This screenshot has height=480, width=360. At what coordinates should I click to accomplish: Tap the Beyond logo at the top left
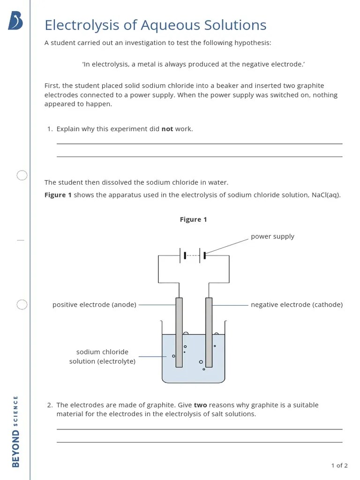(15, 21)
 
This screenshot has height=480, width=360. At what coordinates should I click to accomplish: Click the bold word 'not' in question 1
(167, 129)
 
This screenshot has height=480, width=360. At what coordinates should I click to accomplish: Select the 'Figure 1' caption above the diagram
(193, 219)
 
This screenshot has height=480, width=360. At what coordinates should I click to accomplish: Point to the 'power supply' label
(272, 236)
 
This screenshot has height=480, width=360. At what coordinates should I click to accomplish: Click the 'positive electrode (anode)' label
(94, 305)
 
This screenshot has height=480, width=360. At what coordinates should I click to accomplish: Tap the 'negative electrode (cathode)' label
(297, 305)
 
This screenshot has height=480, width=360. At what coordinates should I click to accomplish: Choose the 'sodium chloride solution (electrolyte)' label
(102, 357)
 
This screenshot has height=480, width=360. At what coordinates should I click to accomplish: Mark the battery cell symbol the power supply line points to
(202, 255)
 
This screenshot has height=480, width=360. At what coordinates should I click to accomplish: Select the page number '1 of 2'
(339, 465)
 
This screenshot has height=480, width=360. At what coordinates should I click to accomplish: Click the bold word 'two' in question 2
(200, 405)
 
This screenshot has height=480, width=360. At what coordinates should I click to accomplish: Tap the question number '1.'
(50, 129)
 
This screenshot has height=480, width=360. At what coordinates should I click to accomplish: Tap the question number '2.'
(50, 405)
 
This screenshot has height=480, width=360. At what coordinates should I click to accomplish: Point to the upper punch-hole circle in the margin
(22, 176)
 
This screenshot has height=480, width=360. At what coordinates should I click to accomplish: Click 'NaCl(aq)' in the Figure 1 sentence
(326, 195)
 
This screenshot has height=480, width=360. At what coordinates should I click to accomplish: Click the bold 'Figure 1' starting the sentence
(58, 195)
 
